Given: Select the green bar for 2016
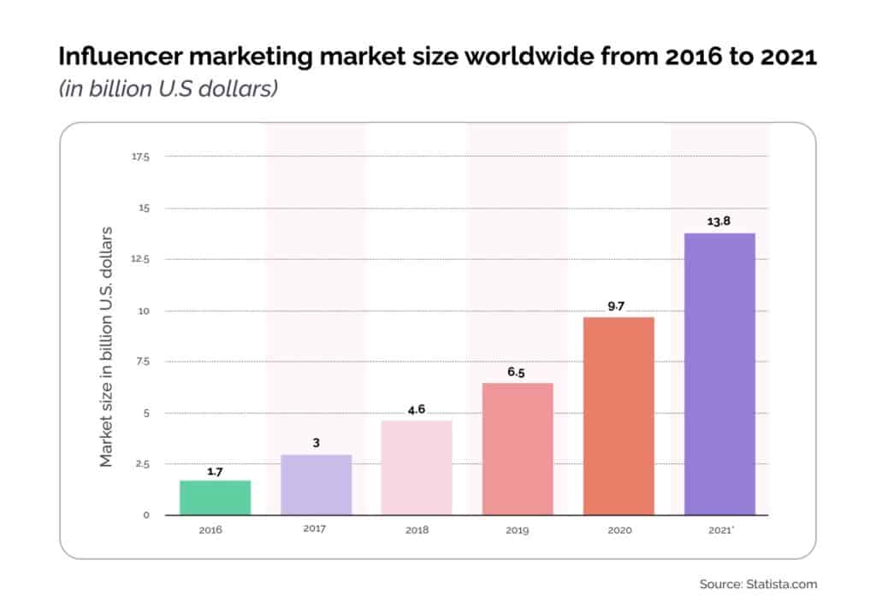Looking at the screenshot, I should coord(215,498).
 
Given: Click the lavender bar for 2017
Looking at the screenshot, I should coord(316,485).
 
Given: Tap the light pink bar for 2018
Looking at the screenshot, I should coord(417,468).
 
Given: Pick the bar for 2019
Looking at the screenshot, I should coord(518,449).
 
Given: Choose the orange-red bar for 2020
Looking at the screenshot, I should coord(619,416).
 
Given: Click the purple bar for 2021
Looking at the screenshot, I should coord(719,374).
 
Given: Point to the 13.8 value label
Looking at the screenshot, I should coord(719,221).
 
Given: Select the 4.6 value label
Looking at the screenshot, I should coord(417,410).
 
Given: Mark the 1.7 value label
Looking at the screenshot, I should coord(215,470).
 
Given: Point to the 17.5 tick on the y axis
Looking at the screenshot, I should coord(140,156).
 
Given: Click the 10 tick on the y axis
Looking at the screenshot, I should coord(144,310).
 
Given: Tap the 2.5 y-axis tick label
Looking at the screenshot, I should coord(141,464).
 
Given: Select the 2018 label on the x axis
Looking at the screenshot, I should coord(417,530).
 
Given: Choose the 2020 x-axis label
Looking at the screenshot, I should coord(619,530).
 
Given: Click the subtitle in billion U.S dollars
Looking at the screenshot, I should coord(168,88).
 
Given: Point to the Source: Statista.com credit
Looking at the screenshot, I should coord(758,585).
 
